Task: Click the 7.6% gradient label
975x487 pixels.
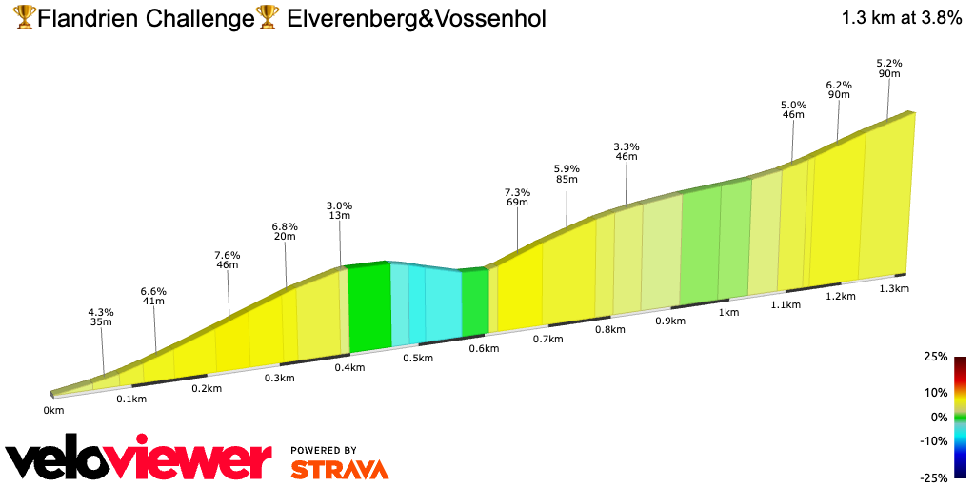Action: pyautogui.click(x=228, y=256)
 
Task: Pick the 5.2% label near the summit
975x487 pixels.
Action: pyautogui.click(x=888, y=63)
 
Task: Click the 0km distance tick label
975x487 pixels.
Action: pyautogui.click(x=53, y=411)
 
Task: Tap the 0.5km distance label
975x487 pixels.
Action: pyautogui.click(x=418, y=358)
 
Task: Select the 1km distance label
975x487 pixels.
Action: pyautogui.click(x=729, y=312)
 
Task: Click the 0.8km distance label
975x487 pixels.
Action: pyautogui.click(x=609, y=330)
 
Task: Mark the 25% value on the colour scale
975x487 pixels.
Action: pyautogui.click(x=936, y=357)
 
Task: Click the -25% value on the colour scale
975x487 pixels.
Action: pyautogui.click(x=934, y=478)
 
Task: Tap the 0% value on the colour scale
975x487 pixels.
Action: pyautogui.click(x=939, y=417)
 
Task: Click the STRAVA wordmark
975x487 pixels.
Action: pyautogui.click(x=339, y=469)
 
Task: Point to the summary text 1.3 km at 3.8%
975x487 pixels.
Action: pyautogui.click(x=901, y=19)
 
